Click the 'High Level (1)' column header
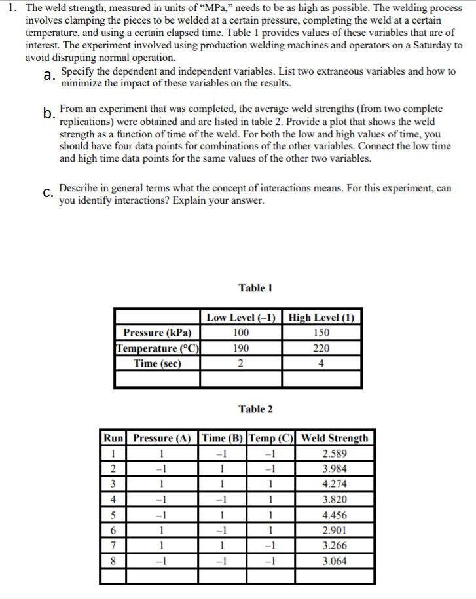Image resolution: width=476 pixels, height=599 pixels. (x=321, y=318)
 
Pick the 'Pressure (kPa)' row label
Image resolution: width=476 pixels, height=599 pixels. (x=157, y=333)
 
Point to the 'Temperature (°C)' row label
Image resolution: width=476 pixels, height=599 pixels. (x=157, y=348)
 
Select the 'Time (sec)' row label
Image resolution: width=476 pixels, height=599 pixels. (x=157, y=363)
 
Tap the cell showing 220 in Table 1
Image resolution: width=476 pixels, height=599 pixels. (x=321, y=348)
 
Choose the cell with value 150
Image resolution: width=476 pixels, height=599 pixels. (x=321, y=333)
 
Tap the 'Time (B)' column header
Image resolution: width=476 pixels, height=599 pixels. (x=223, y=438)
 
